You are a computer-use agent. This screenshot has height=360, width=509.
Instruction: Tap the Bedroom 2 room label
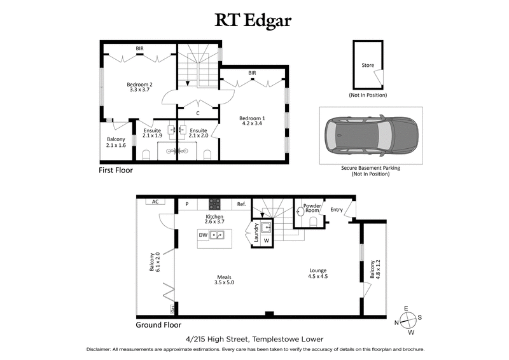click(139, 87)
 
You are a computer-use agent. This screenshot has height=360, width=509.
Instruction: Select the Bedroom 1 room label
click(252, 121)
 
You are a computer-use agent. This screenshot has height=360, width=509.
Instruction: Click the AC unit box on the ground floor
click(154, 202)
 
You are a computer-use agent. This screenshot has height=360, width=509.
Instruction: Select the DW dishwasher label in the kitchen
click(203, 235)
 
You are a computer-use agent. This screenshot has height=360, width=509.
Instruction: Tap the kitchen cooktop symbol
click(215, 204)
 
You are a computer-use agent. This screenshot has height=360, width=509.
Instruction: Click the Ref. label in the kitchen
click(241, 205)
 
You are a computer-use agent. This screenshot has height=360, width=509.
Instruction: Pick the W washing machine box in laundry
click(266, 240)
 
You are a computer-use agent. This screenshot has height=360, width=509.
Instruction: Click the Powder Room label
click(312, 208)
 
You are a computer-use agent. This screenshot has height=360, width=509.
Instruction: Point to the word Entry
click(335, 209)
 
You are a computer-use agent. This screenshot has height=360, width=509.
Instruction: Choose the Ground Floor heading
click(158, 324)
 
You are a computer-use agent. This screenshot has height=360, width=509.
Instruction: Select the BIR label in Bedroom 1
click(252, 73)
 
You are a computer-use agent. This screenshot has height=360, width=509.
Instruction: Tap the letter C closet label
click(198, 113)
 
